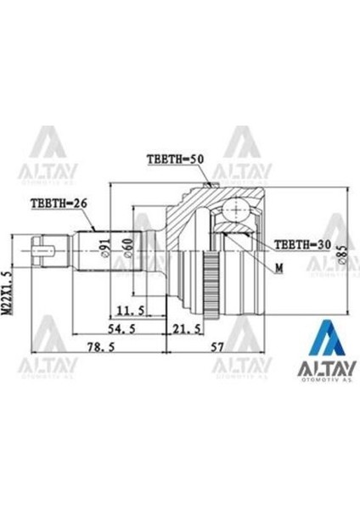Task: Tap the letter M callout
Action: tap(278, 267)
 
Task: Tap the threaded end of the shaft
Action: tap(37, 251)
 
